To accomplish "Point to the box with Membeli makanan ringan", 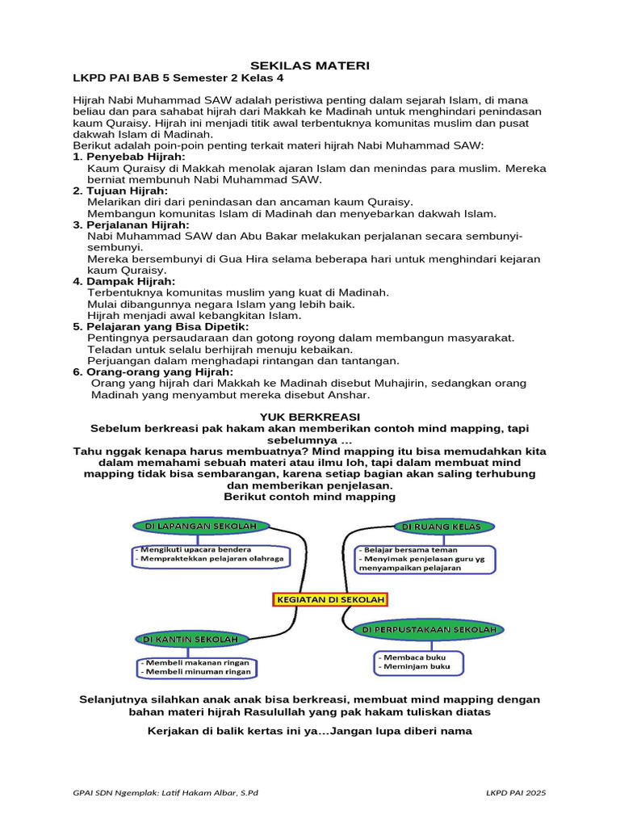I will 195,667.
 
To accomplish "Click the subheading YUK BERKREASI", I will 310,415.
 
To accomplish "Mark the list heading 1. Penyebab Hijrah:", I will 128,156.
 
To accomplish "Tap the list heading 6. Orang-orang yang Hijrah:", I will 153,372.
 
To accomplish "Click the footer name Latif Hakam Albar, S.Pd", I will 203,793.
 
